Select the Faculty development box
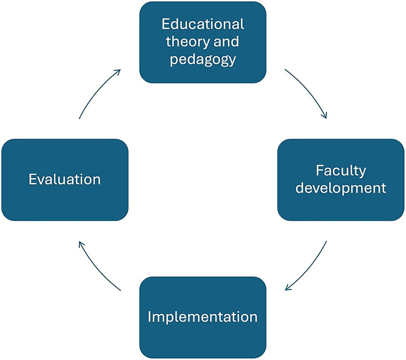click(x=341, y=180)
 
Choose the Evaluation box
click(x=65, y=180)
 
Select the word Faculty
click(x=341, y=171)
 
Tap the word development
click(x=341, y=188)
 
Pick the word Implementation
click(x=203, y=316)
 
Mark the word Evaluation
click(x=65, y=179)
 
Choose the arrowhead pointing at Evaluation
click(x=81, y=245)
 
